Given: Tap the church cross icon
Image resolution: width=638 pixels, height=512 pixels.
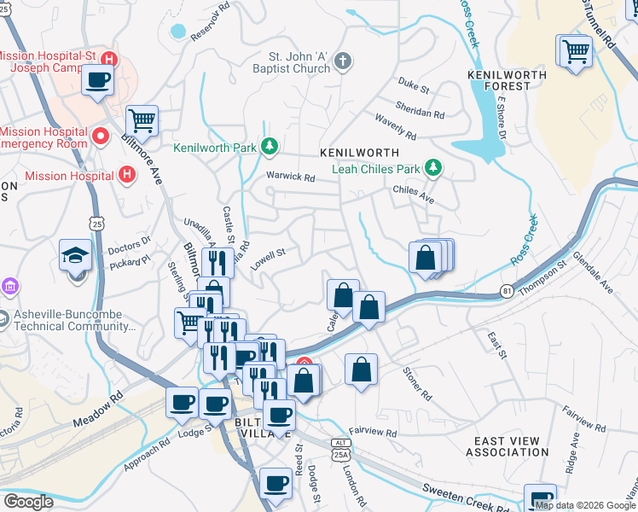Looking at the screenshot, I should click(x=342, y=61).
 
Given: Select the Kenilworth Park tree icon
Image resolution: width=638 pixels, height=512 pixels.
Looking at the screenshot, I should click(x=270, y=147).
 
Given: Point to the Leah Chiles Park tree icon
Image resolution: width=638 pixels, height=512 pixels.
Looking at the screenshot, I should click(x=434, y=166).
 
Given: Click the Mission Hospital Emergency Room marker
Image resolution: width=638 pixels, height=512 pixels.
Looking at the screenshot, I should click(x=101, y=137).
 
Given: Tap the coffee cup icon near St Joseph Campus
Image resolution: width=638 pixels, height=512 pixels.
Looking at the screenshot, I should click(x=97, y=81).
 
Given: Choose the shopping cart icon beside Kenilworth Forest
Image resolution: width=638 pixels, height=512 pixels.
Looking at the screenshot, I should click(x=575, y=51).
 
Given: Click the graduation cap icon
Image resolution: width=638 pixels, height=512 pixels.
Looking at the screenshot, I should click(x=75, y=255).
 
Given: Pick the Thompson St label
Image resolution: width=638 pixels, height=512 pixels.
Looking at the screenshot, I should click(x=548, y=278).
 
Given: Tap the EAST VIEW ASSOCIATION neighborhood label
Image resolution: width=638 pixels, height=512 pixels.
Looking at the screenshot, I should click(x=507, y=446).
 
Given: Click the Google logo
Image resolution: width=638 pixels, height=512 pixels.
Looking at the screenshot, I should click(x=28, y=502).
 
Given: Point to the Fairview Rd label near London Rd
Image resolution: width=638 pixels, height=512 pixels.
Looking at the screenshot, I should click(x=373, y=433).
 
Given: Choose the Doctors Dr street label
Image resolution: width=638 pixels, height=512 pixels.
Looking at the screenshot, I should click(x=130, y=242).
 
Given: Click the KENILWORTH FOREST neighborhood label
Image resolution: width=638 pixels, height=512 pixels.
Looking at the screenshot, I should click(x=501, y=79).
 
